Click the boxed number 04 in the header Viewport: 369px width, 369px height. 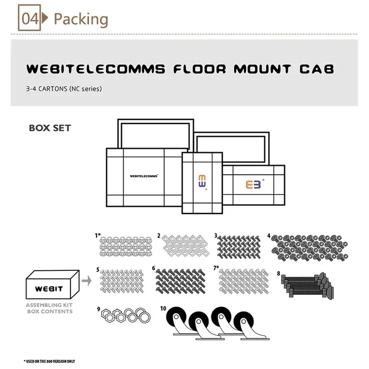pyautogui.click(x=30, y=18)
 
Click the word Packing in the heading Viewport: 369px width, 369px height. pyautogui.click(x=81, y=19)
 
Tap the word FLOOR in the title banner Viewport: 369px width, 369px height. pyautogui.click(x=200, y=69)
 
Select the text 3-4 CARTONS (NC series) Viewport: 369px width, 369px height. pyautogui.click(x=64, y=89)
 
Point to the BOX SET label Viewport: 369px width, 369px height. pyautogui.click(x=50, y=128)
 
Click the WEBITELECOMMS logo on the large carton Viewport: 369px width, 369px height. pyautogui.click(x=144, y=176)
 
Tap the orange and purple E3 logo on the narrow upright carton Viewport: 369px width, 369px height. pyautogui.click(x=202, y=181)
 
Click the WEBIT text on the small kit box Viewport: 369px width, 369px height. pyautogui.click(x=49, y=289)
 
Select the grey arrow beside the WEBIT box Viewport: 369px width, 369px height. pyautogui.click(x=87, y=280)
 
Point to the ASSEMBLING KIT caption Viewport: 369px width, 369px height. pyautogui.click(x=49, y=305)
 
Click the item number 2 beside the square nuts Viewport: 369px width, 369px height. pyautogui.click(x=159, y=236)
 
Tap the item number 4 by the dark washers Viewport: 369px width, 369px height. pyautogui.click(x=269, y=236)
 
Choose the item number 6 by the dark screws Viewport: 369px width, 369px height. pyautogui.click(x=154, y=268)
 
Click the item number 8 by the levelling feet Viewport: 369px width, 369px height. pyautogui.click(x=279, y=274)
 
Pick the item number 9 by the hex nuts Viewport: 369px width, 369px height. pyautogui.click(x=99, y=309)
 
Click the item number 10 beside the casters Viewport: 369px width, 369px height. pyautogui.click(x=163, y=309)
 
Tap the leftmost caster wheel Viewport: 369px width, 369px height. pyautogui.click(x=176, y=317)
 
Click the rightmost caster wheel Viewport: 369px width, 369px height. pyautogui.click(x=244, y=321)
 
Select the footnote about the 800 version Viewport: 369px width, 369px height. pyautogui.click(x=49, y=361)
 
